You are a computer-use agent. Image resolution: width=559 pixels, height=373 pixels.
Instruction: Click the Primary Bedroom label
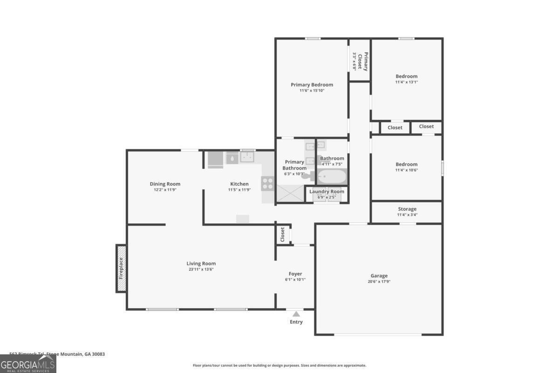click(x=312, y=84)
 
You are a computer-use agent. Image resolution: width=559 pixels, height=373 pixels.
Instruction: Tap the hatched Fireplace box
click(x=121, y=268)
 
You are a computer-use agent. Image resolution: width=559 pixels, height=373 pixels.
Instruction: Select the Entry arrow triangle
click(x=296, y=314)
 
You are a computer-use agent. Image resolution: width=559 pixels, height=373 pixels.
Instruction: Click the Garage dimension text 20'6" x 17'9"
click(x=379, y=282)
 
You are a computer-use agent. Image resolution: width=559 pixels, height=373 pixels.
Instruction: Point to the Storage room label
click(x=407, y=209)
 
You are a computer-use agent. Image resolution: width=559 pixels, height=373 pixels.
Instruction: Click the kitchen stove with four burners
click(x=267, y=184)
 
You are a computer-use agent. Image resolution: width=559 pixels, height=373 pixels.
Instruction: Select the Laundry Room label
click(x=327, y=192)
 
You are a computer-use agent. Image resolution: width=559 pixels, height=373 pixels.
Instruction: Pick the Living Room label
click(x=201, y=263)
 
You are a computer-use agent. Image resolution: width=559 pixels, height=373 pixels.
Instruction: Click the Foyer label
click(x=295, y=274)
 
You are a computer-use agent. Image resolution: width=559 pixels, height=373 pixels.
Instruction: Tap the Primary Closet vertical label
click(x=366, y=62)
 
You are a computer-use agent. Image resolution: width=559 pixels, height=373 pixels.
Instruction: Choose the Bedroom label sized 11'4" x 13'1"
click(x=406, y=76)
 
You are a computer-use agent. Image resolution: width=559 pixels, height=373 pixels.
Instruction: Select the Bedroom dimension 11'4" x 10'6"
click(x=406, y=170)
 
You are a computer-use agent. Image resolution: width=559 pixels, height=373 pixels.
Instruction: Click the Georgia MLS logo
click(x=28, y=364)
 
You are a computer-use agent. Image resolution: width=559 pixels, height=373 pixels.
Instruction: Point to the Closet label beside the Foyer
click(x=282, y=235)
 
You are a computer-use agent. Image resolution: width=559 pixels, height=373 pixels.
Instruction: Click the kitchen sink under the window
click(x=247, y=158)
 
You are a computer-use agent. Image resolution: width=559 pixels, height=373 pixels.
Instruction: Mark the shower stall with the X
click(x=290, y=193)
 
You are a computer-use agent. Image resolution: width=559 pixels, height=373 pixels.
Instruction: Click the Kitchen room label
click(x=239, y=184)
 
